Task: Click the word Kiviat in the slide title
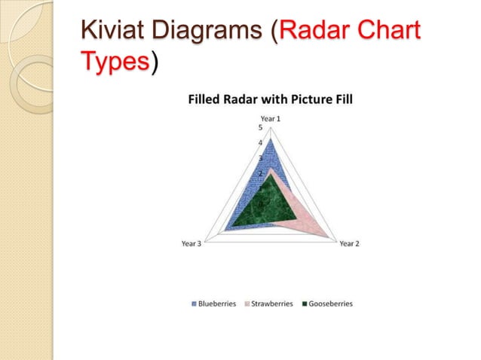click(114, 32)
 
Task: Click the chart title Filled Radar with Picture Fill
click(270, 99)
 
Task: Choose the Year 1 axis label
click(271, 118)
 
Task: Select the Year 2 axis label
click(349, 243)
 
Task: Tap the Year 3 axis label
click(191, 243)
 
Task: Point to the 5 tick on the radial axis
click(260, 127)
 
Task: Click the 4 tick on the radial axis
click(260, 142)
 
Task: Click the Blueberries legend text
click(217, 304)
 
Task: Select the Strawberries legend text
click(271, 304)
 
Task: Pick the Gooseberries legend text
click(330, 304)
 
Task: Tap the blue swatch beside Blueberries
click(194, 304)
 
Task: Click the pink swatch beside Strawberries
click(246, 304)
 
